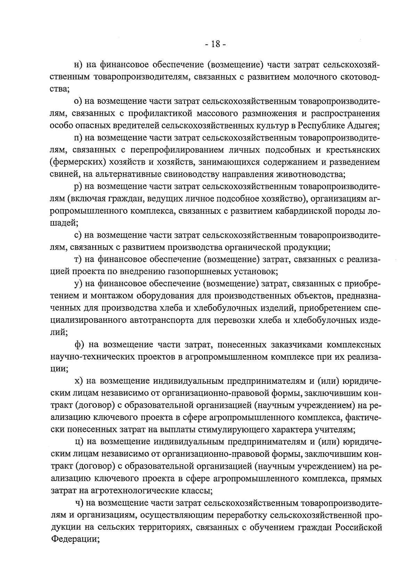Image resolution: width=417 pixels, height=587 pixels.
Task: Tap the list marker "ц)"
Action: (x=80, y=442)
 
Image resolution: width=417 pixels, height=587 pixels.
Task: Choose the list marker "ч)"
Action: (x=80, y=503)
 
